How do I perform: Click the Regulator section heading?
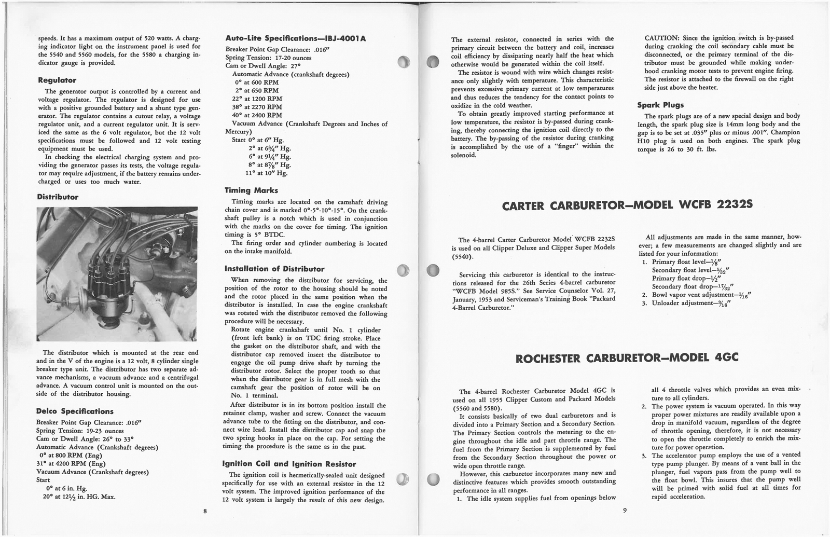click(57, 80)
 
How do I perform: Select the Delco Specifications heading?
click(75, 411)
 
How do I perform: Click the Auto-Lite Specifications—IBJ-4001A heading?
click(296, 39)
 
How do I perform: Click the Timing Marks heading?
click(251, 190)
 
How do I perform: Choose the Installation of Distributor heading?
click(274, 269)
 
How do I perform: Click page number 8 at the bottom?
click(205, 511)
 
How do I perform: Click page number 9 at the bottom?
click(625, 510)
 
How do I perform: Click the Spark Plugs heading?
click(660, 105)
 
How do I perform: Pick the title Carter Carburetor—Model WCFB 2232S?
click(628, 206)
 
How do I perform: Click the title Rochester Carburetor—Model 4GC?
click(628, 358)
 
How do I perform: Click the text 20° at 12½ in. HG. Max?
click(79, 496)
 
